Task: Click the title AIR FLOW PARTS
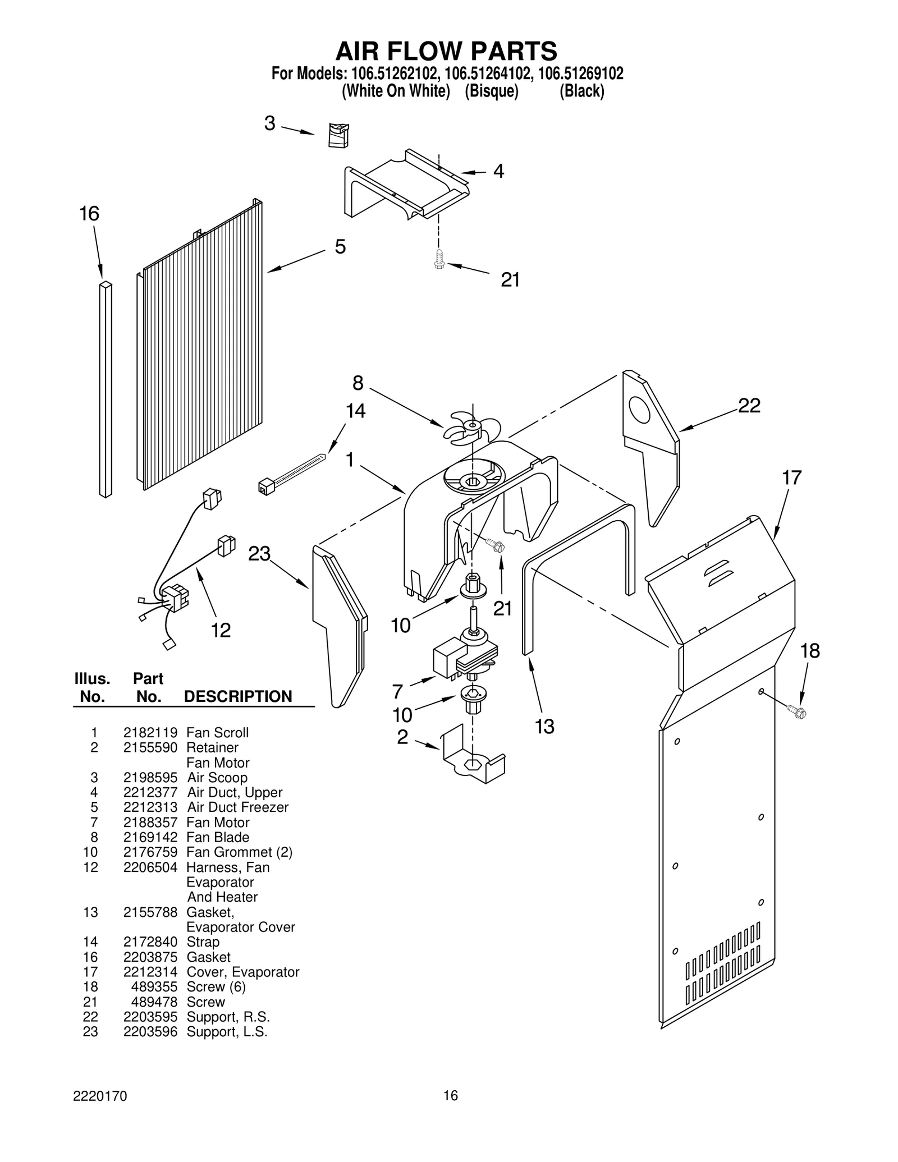(x=446, y=51)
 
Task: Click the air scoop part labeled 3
(x=338, y=135)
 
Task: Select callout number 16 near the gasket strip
(x=89, y=214)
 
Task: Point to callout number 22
(x=749, y=406)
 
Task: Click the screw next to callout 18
(x=798, y=713)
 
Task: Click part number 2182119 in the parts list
(x=150, y=733)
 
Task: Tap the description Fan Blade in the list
(x=218, y=837)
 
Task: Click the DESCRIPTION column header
(x=238, y=696)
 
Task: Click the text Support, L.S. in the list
(x=227, y=1032)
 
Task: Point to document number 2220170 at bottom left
(x=100, y=1112)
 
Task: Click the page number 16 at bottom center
(x=451, y=1111)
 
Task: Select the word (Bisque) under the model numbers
(x=492, y=91)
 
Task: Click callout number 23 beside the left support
(x=259, y=554)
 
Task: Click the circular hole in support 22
(x=639, y=410)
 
